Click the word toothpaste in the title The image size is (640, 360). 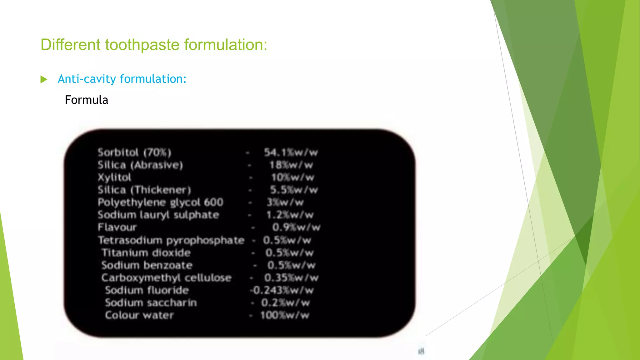(142, 45)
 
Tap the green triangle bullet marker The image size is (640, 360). (44, 79)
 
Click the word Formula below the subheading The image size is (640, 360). (86, 100)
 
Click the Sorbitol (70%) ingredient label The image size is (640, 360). (134, 152)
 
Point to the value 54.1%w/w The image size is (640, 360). (291, 152)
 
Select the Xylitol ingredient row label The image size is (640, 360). (114, 177)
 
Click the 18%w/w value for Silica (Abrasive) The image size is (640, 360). (291, 165)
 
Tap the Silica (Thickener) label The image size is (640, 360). (144, 190)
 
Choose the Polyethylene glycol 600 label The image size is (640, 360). (160, 202)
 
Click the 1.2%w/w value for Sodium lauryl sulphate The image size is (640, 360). (290, 215)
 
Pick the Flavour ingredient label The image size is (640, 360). (117, 227)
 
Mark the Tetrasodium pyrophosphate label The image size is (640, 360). (171, 240)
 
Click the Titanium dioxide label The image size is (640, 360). (146, 252)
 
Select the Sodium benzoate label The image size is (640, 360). (147, 265)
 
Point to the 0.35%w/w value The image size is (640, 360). (291, 278)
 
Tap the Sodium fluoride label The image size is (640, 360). (147, 290)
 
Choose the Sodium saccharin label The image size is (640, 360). (151, 303)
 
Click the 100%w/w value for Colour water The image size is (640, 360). (285, 315)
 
